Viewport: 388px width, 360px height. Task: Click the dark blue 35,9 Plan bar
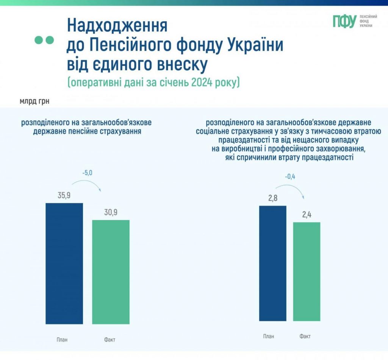coord(64,263)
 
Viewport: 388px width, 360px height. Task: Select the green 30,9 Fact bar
coord(111,272)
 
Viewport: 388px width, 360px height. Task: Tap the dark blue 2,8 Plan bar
coord(272,263)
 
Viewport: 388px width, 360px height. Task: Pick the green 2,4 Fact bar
coord(307,271)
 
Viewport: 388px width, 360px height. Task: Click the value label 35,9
coord(64,196)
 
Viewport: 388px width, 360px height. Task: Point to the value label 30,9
coord(111,212)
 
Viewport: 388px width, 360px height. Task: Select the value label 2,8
coord(272,198)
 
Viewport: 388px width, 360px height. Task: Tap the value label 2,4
coord(307,215)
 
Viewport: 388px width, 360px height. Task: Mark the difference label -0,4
coord(290,176)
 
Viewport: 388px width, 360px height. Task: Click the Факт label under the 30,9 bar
coord(110,340)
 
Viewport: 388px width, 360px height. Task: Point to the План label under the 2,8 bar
coord(269,336)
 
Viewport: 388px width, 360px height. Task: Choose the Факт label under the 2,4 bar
coord(305,336)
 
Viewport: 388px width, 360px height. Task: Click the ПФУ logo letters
coord(344,22)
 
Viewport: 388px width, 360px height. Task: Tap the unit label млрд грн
coord(34,101)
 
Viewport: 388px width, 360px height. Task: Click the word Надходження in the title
coord(117,26)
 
